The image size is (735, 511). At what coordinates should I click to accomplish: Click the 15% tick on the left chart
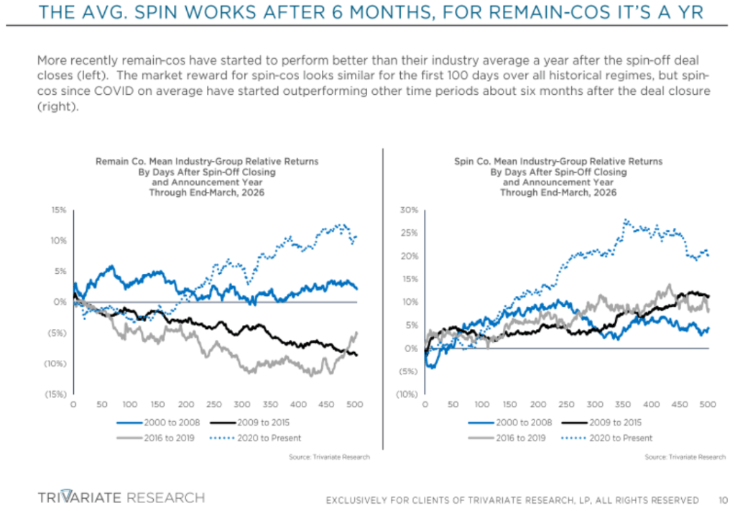pos(59,211)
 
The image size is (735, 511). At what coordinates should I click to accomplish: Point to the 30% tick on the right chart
pos(409,211)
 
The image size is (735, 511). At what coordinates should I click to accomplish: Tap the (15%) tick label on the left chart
pos(56,395)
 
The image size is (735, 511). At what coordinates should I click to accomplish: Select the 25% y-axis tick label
pos(409,234)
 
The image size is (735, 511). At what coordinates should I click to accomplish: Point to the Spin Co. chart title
pos(558,177)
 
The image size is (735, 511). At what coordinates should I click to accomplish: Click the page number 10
pos(722,500)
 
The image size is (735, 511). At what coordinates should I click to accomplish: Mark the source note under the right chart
pos(685,457)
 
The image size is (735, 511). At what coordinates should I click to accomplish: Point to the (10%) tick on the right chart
pos(406,395)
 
